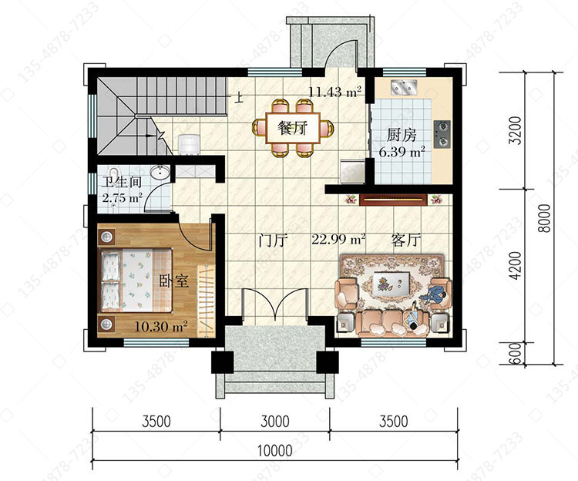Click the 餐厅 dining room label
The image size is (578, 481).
coord(292,128)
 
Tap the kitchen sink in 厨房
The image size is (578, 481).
coord(404,86)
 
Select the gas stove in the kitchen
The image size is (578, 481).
coord(442,134)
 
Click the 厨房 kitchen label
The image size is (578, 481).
coord(402,135)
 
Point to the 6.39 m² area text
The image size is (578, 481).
coord(402,152)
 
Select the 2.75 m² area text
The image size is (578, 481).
coord(122,198)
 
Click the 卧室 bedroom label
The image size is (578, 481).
coord(174,281)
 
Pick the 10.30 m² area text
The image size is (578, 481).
coord(161,326)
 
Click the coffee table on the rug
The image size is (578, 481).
coord(391,282)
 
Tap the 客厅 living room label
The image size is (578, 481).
coord(406,240)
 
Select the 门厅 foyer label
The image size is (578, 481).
coord(273,240)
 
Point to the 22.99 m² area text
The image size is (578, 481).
coord(338,239)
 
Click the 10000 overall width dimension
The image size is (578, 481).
coord(274,450)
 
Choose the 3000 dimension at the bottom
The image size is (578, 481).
coord(275,422)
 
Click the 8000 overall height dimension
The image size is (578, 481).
coord(544,218)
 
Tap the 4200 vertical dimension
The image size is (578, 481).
coord(516,265)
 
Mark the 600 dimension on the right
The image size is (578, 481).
coord(516,354)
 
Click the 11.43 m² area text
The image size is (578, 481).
coord(334,91)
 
